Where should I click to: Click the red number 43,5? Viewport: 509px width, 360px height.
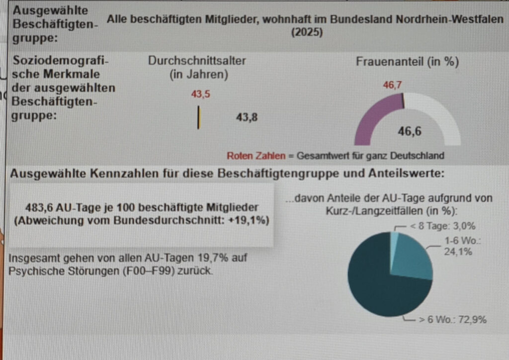(x=201, y=94)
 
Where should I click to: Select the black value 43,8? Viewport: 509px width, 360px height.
(x=247, y=117)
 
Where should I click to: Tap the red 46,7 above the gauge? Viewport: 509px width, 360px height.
(x=393, y=85)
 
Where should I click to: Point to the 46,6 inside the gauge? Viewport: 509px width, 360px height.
(x=410, y=131)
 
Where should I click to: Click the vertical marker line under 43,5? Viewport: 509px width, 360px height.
(x=199, y=117)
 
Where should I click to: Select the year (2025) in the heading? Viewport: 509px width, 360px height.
(x=307, y=32)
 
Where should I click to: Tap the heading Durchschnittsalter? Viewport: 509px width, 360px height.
(x=197, y=61)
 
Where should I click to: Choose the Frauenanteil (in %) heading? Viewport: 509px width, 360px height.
(x=408, y=61)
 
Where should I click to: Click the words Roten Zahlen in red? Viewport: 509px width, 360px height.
(x=256, y=156)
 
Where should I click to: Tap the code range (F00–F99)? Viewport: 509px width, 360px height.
(x=151, y=270)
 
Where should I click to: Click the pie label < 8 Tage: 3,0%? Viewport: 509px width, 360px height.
(x=443, y=226)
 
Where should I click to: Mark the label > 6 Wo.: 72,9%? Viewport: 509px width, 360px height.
(x=452, y=320)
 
